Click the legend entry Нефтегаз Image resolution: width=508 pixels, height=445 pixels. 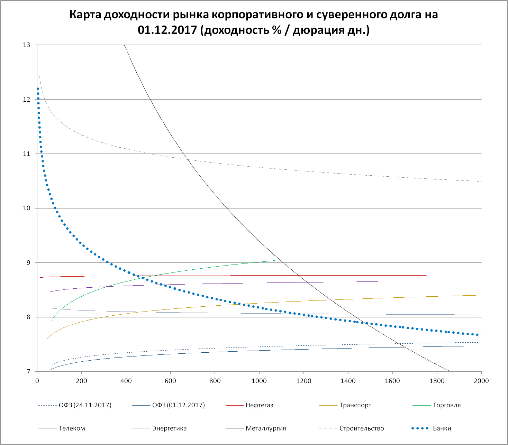click(x=259, y=405)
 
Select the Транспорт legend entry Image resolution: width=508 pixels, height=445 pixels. click(x=355, y=405)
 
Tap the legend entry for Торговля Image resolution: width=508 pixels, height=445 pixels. click(x=446, y=405)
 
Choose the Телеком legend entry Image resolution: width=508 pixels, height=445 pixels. click(x=72, y=428)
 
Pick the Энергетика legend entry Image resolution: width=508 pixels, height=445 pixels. click(x=169, y=428)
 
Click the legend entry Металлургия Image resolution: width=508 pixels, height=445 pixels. click(x=266, y=428)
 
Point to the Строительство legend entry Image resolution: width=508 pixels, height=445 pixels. click(x=362, y=428)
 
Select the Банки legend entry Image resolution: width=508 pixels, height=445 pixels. click(x=442, y=428)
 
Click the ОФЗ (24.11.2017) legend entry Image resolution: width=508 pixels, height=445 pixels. click(x=85, y=405)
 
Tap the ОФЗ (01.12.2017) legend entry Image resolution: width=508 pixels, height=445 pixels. click(x=179, y=405)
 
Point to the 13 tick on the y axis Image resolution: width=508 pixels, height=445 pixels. click(x=27, y=45)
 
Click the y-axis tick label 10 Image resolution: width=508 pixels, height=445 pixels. click(x=27, y=208)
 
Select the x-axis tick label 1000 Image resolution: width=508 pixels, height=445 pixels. click(x=259, y=381)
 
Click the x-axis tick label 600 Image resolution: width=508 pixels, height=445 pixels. click(x=170, y=381)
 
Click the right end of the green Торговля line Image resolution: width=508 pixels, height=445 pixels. click(x=275, y=260)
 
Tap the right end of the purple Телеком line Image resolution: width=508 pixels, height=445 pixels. click(x=378, y=281)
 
